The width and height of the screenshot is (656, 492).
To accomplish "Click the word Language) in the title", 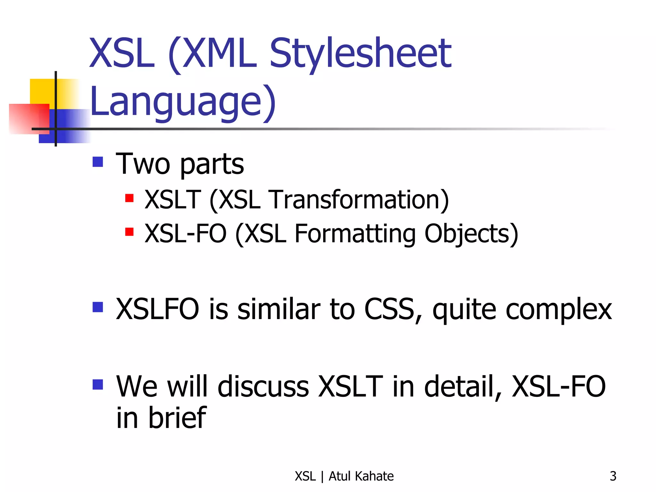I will (183, 102).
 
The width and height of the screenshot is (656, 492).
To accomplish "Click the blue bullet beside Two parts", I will (98, 162).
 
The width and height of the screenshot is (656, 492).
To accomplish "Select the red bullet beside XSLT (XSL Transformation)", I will (129, 198).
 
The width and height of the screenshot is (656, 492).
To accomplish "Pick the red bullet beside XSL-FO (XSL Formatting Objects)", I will (129, 232).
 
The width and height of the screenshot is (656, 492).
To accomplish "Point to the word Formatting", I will (355, 234).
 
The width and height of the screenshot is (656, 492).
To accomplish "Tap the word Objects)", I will (471, 234).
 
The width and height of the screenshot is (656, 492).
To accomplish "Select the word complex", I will (559, 310).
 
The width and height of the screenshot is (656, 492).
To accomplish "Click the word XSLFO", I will (157, 309).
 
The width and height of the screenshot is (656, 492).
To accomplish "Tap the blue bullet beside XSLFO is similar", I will (98, 307).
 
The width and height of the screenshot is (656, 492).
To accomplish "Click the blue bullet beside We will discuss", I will (98, 384).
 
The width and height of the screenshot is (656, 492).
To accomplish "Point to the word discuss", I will (263, 387).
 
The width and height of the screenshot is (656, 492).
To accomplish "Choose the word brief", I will (177, 418).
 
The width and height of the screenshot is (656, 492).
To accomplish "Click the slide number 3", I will (613, 476).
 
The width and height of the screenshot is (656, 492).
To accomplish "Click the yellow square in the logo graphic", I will (42, 91).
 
